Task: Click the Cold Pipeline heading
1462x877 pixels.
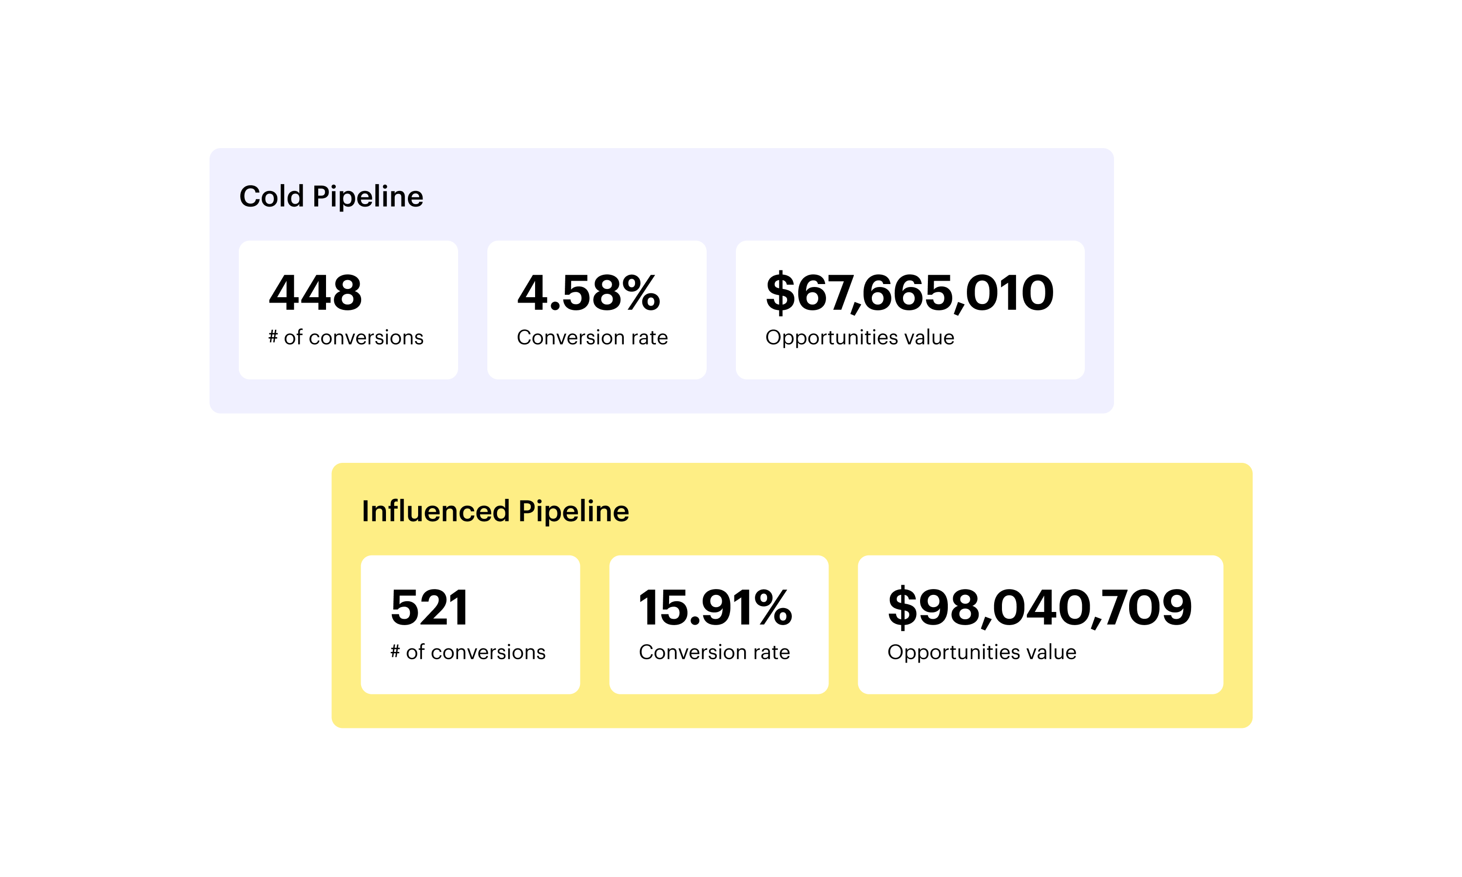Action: (x=331, y=196)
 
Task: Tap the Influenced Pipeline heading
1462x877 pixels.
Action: (x=495, y=511)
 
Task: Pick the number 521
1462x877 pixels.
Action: (x=430, y=608)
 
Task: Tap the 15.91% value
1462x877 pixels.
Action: (x=715, y=608)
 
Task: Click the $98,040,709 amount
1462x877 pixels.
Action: (x=1040, y=608)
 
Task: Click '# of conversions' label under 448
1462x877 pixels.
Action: (x=346, y=338)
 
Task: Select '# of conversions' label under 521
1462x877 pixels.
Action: (x=468, y=652)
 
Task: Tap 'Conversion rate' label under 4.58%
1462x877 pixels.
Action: (x=592, y=338)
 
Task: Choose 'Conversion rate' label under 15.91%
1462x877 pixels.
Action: (x=714, y=652)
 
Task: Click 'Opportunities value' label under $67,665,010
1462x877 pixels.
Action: (x=860, y=338)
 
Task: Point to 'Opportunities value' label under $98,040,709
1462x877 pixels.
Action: (x=981, y=652)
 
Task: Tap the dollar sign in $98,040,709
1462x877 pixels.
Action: (x=903, y=608)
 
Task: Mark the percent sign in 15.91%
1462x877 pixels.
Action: (x=772, y=608)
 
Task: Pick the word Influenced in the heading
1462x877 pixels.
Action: (x=436, y=511)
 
